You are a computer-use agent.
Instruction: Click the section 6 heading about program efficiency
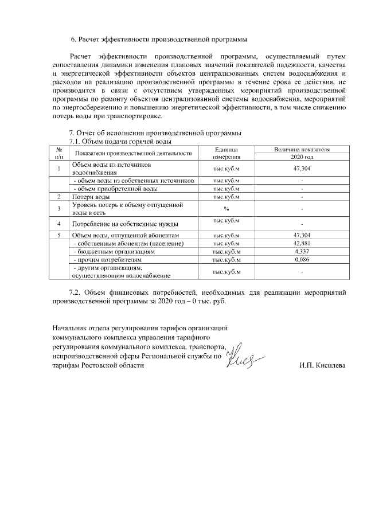(159, 40)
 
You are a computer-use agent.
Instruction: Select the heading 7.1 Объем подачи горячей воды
(121, 141)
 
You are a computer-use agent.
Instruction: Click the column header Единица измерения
(226, 153)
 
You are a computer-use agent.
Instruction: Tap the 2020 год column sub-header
(302, 157)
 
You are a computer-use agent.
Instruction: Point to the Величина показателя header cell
(302, 149)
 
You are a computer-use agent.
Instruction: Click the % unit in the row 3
(226, 208)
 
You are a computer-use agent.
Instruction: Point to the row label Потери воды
(91, 197)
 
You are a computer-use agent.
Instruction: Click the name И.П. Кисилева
(322, 366)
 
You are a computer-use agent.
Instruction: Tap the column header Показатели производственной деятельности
(132, 153)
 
